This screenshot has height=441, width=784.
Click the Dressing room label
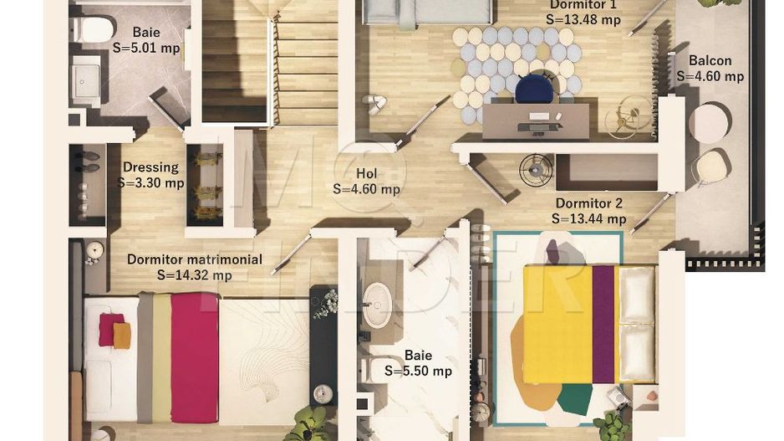coord(150,167)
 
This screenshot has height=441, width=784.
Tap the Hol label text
coord(366,174)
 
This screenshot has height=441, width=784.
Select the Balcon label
coord(710,60)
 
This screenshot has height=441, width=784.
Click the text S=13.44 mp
coord(589,219)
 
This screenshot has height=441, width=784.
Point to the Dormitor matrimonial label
coord(195,259)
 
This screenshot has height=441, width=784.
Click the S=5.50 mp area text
coord(418,371)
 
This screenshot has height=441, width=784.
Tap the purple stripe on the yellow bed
coord(603,324)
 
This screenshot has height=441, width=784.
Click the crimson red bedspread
coord(195,357)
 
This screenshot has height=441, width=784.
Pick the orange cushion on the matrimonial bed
coord(122,336)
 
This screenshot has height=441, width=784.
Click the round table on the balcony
coord(710,123)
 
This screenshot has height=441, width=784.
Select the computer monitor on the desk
coord(538,116)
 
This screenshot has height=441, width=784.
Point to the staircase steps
coord(271,62)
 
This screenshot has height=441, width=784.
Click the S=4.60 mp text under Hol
coord(366,189)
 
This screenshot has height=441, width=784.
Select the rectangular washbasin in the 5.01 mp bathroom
coord(86,80)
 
